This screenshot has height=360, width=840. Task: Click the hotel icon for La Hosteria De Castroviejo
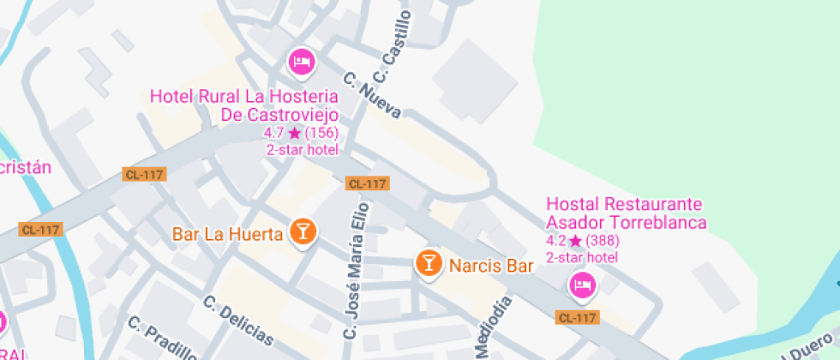click(x=301, y=62)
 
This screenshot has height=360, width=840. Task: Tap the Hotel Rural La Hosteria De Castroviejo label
click(x=244, y=105)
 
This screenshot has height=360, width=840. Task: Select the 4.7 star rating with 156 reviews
click(x=301, y=133)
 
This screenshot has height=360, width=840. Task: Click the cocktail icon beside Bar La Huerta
click(x=303, y=231)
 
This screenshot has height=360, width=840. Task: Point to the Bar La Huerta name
click(x=227, y=233)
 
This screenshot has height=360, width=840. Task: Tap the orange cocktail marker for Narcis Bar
click(x=429, y=263)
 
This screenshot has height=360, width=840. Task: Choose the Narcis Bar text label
click(x=491, y=266)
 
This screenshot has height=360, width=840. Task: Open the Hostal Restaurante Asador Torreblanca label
click(x=626, y=213)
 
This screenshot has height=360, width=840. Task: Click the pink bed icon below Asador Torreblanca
click(x=583, y=285)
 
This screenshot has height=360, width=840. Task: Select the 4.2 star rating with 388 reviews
click(x=583, y=241)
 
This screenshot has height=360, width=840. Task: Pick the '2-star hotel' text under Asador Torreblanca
click(x=582, y=257)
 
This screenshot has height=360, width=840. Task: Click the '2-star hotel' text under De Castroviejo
click(x=303, y=149)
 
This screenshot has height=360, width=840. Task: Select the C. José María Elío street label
click(x=356, y=270)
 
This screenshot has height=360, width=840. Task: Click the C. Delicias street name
click(x=238, y=321)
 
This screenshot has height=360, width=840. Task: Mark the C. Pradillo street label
click(x=163, y=339)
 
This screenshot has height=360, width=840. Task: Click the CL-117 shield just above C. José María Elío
click(x=368, y=183)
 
